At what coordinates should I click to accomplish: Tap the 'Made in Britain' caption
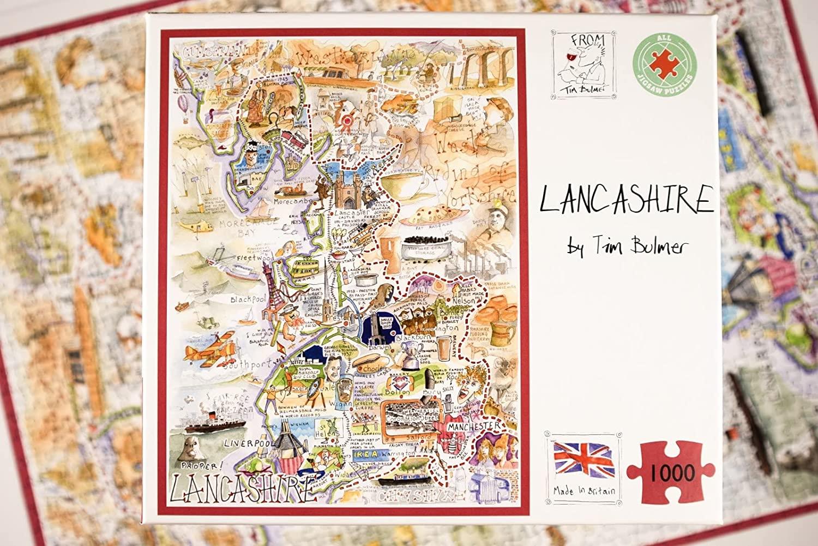(x=583, y=491)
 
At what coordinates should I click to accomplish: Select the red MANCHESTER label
(x=472, y=425)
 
